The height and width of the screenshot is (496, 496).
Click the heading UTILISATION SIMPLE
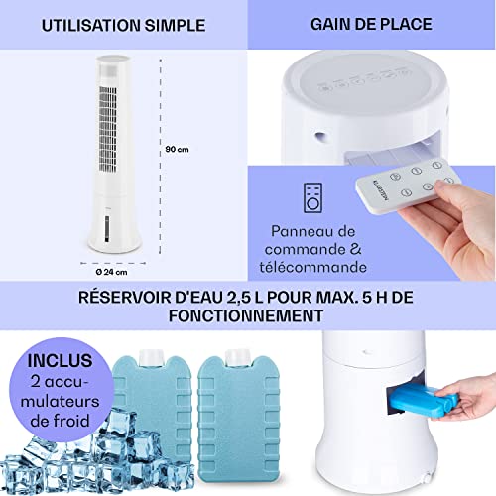coord(124,23)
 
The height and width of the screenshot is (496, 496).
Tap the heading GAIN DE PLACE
coord(371,23)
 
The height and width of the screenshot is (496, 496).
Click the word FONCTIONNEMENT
coord(248,317)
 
